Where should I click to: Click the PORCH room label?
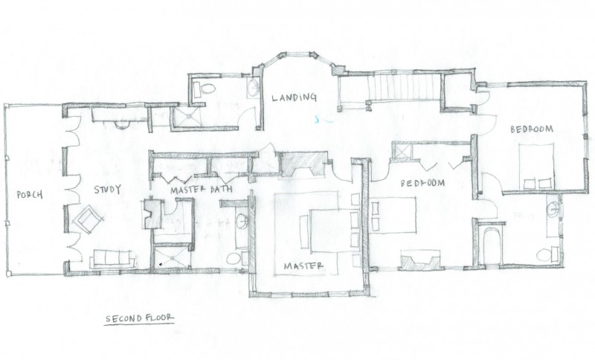[x=30, y=195]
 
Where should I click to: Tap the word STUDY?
[x=107, y=189]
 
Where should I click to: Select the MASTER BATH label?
[x=202, y=190]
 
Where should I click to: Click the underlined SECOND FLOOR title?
[x=139, y=318]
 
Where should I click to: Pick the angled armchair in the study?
[x=89, y=219]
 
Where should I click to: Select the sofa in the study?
[x=113, y=259]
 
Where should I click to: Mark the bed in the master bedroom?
[x=332, y=231]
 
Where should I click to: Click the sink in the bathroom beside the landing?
[x=254, y=88]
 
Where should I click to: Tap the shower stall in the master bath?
[x=172, y=258]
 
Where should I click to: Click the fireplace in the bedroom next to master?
[x=420, y=261]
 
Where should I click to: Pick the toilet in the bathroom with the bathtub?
[x=547, y=254]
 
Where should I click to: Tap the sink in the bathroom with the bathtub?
[x=553, y=209]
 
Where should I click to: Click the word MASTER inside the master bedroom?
[x=303, y=266]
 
